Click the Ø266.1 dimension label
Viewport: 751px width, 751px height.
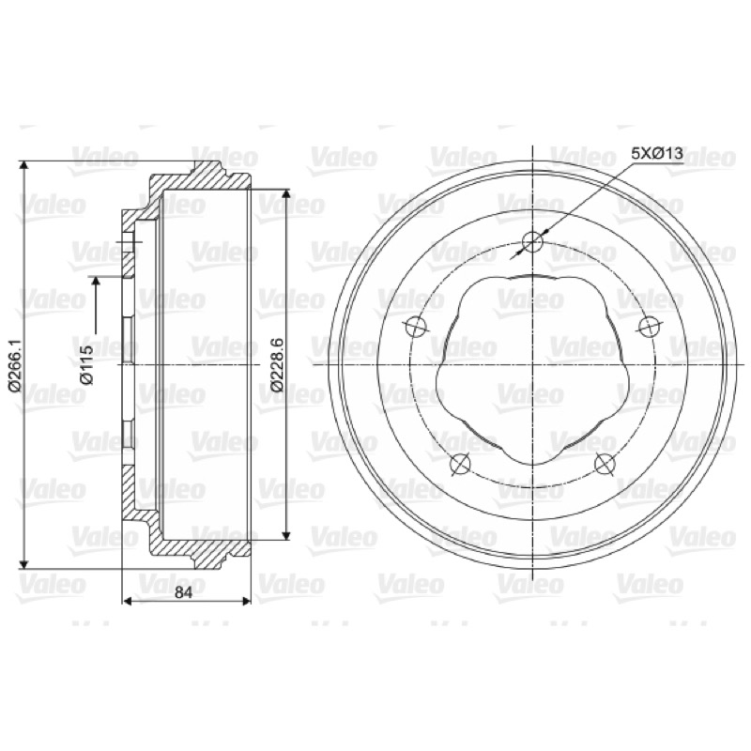click(x=14, y=365)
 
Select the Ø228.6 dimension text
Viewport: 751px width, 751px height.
click(x=277, y=365)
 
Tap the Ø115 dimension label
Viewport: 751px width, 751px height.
click(x=87, y=365)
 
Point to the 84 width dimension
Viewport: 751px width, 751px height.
click(x=183, y=592)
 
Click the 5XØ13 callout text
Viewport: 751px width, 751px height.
click(x=656, y=154)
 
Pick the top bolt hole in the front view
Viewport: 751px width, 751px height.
click(x=532, y=241)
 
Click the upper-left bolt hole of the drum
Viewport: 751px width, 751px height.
click(x=416, y=326)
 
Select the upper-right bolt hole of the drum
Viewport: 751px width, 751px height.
click(x=650, y=326)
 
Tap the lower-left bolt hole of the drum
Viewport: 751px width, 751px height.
click(x=461, y=464)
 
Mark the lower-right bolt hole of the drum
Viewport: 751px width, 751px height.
click(x=605, y=464)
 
